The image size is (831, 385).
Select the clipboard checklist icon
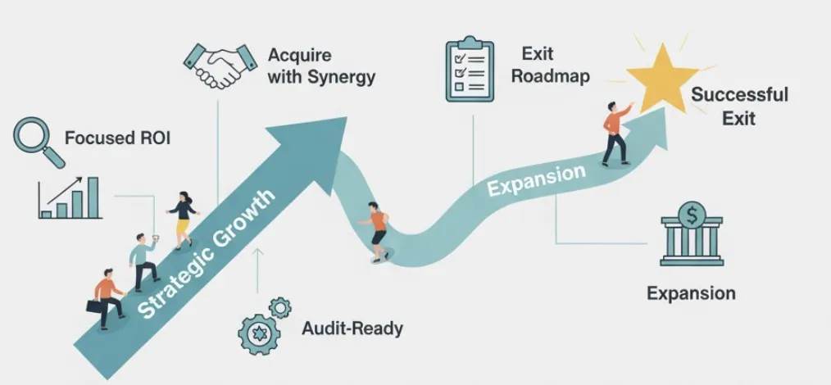point(470,69)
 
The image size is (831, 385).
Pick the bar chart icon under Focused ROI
point(71,197)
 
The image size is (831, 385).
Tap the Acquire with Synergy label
point(321,66)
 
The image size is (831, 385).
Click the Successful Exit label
point(738,106)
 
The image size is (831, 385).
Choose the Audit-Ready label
point(352,328)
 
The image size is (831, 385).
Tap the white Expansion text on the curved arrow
point(537,180)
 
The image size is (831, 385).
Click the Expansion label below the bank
point(691,292)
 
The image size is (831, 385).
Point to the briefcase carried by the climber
point(96,306)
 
